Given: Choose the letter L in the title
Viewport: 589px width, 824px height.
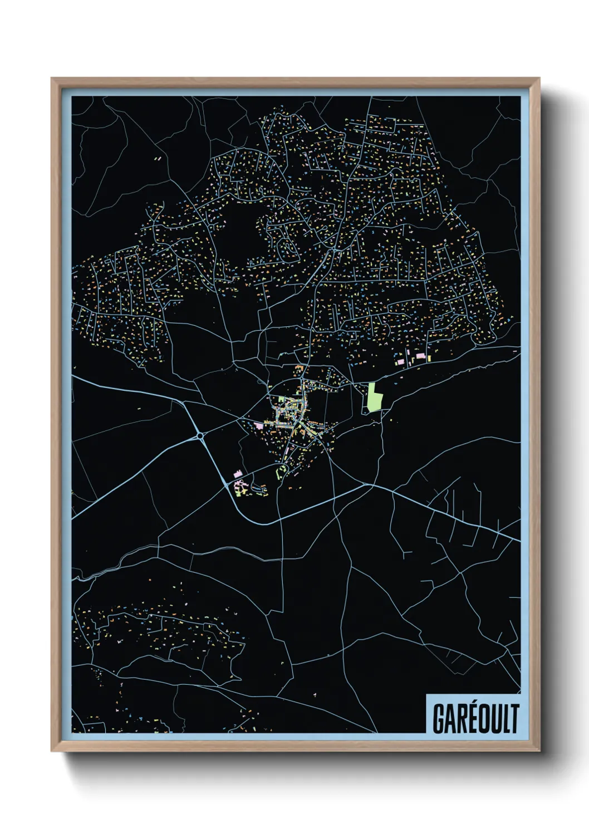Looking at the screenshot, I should coord(505,719).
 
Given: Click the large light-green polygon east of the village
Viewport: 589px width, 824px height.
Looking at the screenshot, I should coord(374,396).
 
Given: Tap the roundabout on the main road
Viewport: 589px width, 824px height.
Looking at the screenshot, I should coord(199,436).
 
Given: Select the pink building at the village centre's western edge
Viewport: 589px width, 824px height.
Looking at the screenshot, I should coord(258,425).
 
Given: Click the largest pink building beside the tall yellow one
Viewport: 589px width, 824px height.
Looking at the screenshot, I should coord(420,356).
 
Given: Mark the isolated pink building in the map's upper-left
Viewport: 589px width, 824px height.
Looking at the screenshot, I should coord(158,159).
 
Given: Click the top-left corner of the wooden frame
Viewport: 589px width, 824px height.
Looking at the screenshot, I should coord(52,79).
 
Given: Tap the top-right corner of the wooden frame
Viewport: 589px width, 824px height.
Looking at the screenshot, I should coord(539,79).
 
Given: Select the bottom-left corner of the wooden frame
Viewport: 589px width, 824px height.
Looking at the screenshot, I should coord(52,751).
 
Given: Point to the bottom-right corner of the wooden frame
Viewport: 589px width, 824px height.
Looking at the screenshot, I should coord(539,751).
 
